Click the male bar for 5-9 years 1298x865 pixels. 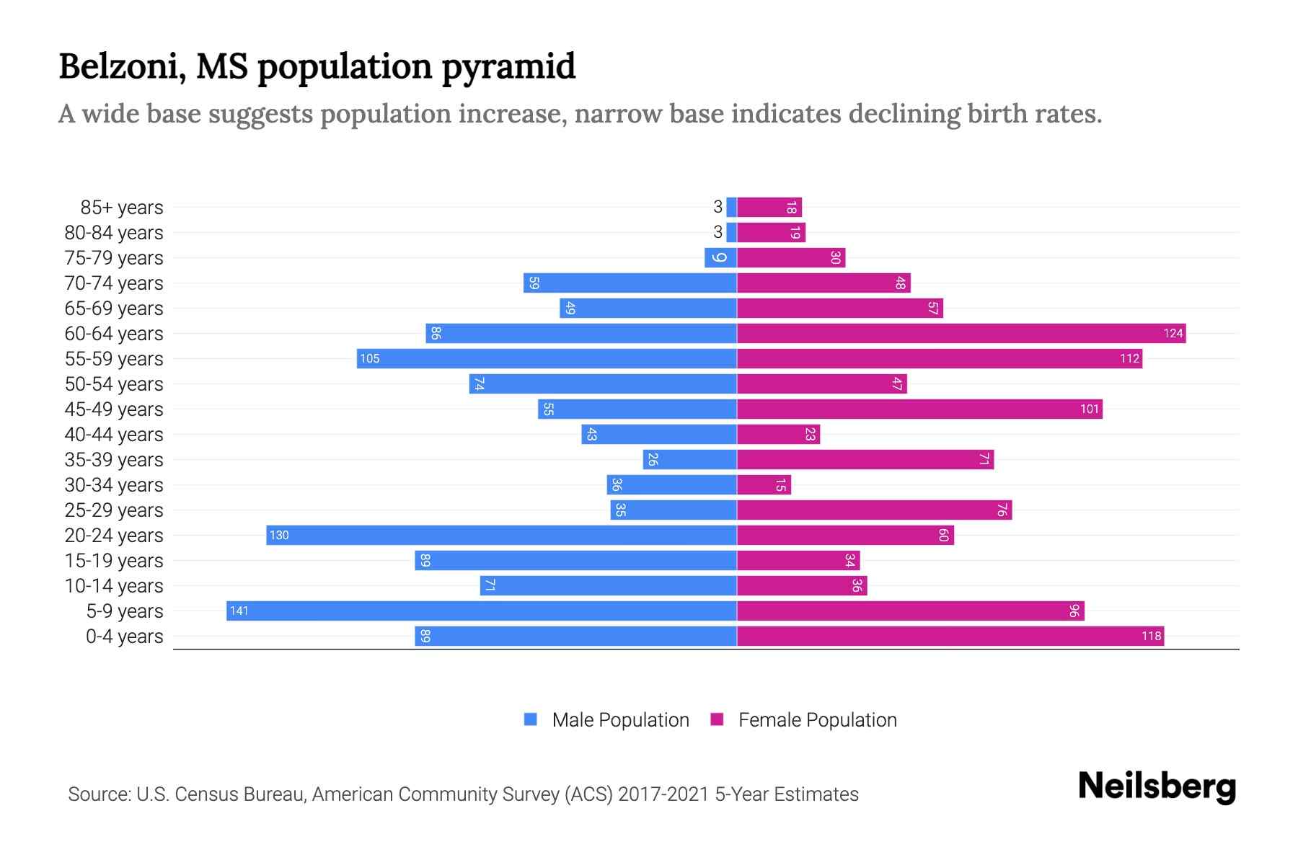click(481, 611)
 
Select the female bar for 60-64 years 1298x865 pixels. click(961, 333)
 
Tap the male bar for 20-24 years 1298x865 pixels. click(501, 535)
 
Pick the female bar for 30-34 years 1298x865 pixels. click(764, 484)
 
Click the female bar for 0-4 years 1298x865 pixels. click(950, 636)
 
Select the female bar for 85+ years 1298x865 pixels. click(769, 207)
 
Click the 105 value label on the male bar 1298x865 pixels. click(369, 358)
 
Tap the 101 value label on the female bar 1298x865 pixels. click(1089, 409)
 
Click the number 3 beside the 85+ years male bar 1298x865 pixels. click(718, 207)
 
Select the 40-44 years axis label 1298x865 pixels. click(114, 435)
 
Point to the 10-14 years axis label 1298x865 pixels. click(114, 586)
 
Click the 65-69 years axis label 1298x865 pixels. click(114, 309)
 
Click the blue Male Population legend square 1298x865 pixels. click(531, 719)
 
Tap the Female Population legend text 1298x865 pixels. click(817, 719)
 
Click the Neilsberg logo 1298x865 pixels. click(1157, 786)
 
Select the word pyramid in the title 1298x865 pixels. click(508, 66)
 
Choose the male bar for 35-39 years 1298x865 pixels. click(689, 459)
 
